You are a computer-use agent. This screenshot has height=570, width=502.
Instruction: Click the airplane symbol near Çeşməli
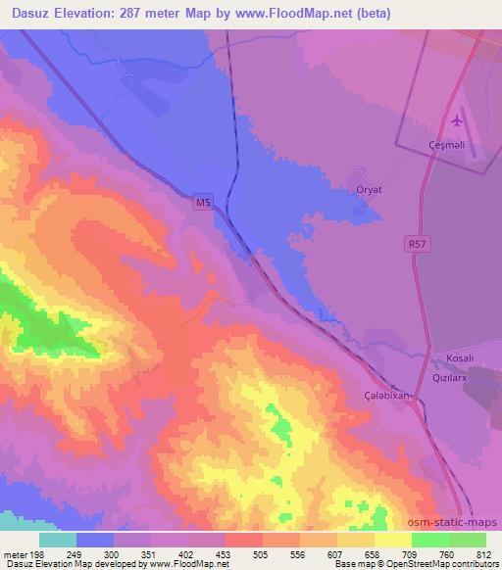(x=457, y=121)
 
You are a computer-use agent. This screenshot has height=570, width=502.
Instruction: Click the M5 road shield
(x=202, y=202)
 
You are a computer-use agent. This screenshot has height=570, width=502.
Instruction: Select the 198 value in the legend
(x=36, y=554)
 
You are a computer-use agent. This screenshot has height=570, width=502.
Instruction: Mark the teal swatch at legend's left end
(x=58, y=540)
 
